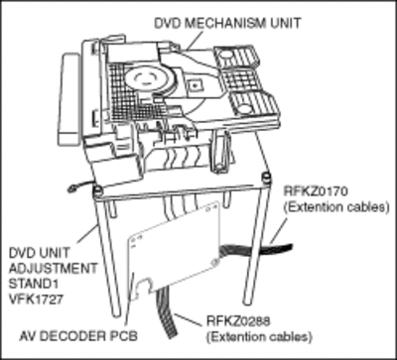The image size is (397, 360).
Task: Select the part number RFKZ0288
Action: (x=238, y=320)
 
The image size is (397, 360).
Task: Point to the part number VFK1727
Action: (x=37, y=300)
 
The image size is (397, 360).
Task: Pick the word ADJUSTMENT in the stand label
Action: (x=54, y=268)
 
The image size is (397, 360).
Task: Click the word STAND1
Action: (x=34, y=284)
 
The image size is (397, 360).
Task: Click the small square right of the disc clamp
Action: (x=195, y=86)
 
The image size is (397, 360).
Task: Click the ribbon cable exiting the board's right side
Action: (x=255, y=249)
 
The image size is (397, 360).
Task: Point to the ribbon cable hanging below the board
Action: (x=167, y=311)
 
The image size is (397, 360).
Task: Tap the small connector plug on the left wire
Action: (x=70, y=189)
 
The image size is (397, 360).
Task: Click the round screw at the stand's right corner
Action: (x=265, y=176)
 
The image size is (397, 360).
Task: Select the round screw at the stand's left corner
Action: (x=97, y=189)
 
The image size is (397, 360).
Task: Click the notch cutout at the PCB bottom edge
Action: (x=145, y=285)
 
